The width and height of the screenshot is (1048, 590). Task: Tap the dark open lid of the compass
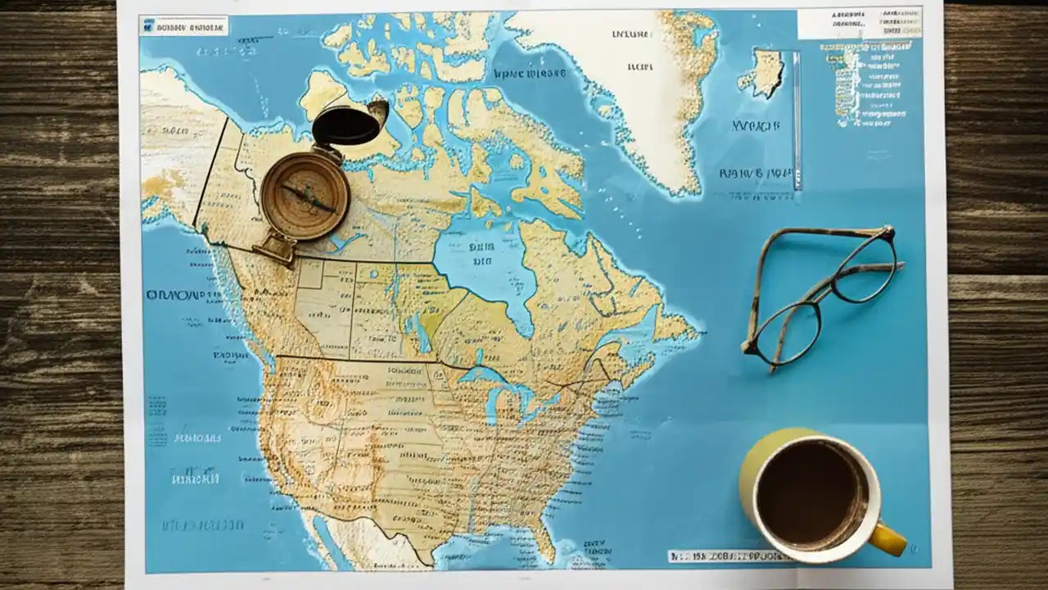[347, 126]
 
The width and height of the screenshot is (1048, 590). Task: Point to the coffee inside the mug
[811, 492]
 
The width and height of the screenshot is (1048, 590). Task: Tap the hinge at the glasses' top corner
[888, 233]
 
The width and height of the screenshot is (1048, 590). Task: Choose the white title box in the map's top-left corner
[183, 25]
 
